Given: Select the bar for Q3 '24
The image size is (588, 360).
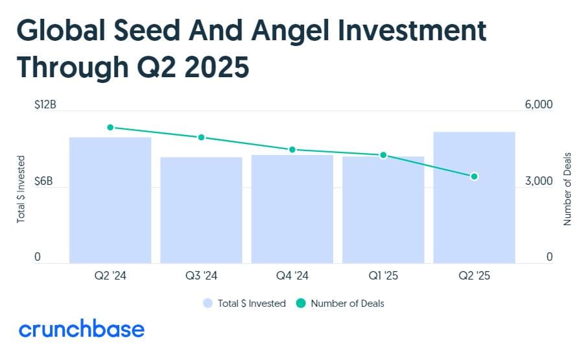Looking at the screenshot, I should [x=201, y=210].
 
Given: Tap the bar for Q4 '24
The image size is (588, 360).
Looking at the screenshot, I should [x=292, y=209].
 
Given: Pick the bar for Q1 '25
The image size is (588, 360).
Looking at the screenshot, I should [x=383, y=210].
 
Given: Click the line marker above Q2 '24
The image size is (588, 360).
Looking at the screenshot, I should [x=110, y=128].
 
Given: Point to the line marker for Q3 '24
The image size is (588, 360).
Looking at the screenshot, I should [x=201, y=138].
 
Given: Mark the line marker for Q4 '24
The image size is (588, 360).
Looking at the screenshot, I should [x=292, y=150].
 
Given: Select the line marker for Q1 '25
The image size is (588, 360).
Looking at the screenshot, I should [x=383, y=155].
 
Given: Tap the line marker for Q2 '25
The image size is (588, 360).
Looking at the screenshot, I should [x=474, y=176].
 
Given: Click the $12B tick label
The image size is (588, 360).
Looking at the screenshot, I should [x=45, y=104].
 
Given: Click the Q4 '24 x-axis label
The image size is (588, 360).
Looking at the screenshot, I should [x=292, y=276].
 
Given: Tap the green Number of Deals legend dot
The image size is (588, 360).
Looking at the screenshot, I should [x=300, y=303].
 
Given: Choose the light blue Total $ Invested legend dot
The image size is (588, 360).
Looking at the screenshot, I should [x=207, y=303].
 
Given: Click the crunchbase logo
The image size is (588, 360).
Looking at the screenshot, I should [x=81, y=329].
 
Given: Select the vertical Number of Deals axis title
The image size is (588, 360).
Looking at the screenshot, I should [x=568, y=189].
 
